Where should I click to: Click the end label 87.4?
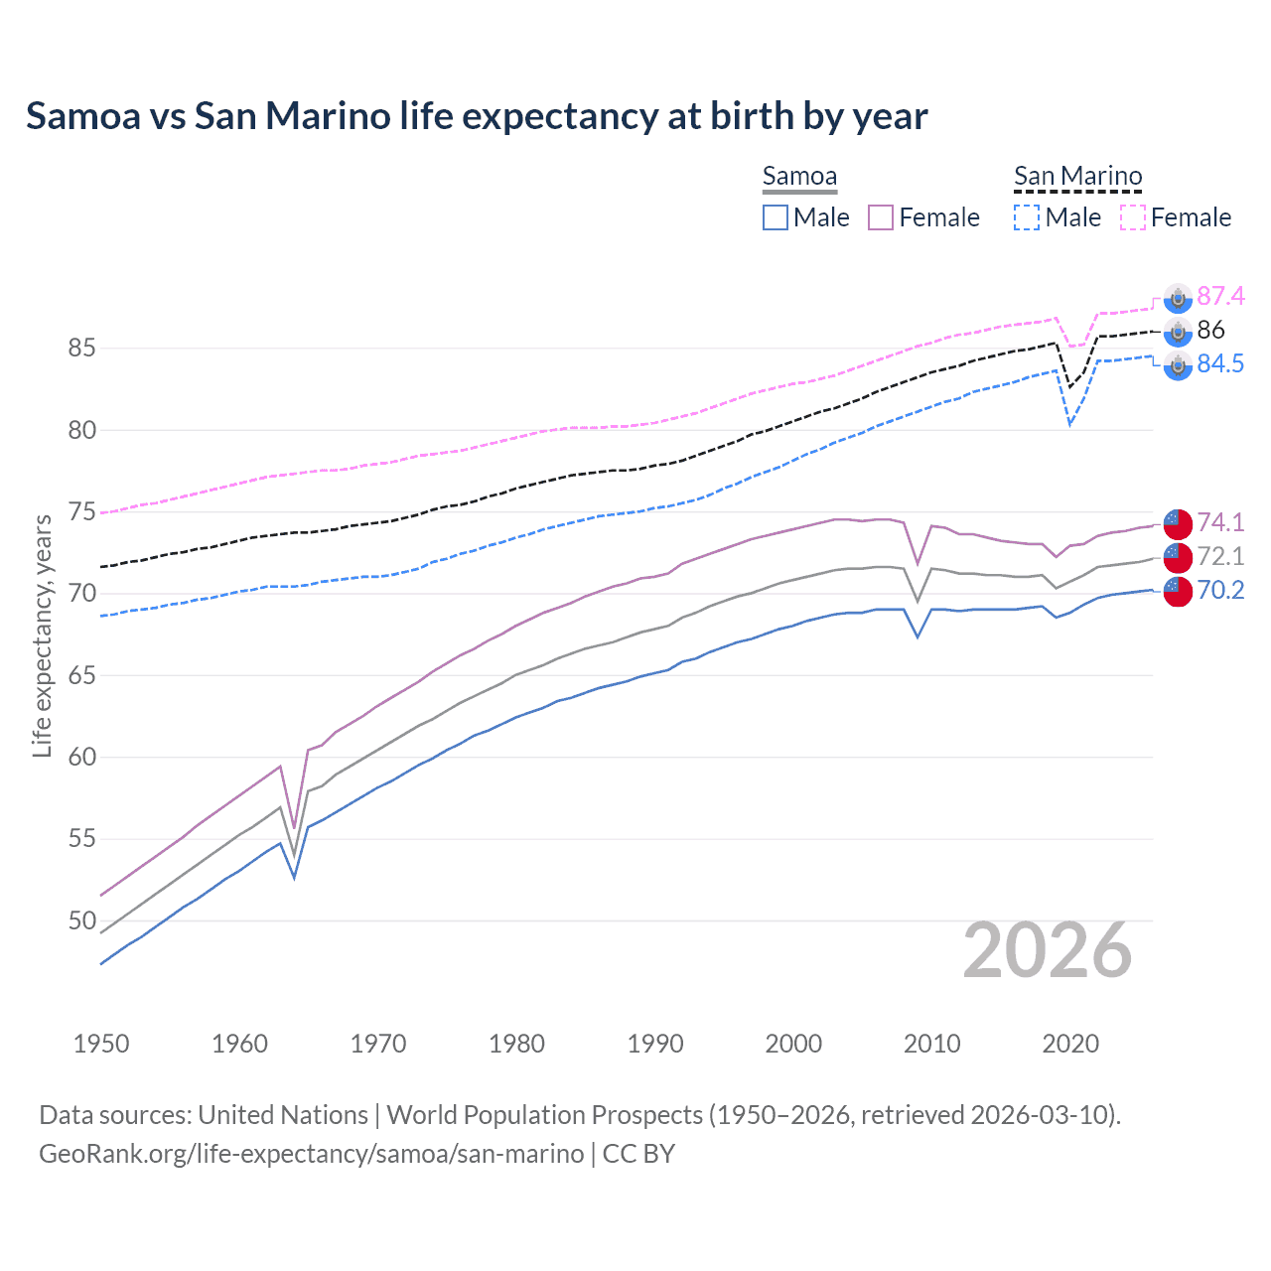coord(1220,296)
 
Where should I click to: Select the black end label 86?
coord(1210,330)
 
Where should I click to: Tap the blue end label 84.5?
coord(1220,363)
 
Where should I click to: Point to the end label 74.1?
coord(1220,522)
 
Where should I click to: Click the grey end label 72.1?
coord(1220,556)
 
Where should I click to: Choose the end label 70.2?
coord(1220,590)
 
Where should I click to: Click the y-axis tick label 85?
coord(81,349)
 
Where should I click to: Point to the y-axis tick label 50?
coord(81,920)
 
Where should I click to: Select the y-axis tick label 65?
coord(81,675)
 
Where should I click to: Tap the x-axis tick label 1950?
coord(101,1044)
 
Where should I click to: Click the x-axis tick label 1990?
coord(655,1044)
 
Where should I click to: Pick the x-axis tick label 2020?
coord(1070,1044)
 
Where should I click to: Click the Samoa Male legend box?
coord(776,217)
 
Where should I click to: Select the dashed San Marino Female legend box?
coord(1133,217)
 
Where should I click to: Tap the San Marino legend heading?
coord(1077,177)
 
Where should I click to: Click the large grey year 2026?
coord(1048,951)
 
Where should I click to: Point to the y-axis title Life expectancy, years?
coord(42,635)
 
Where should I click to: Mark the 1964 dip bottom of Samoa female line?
coord(294,826)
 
